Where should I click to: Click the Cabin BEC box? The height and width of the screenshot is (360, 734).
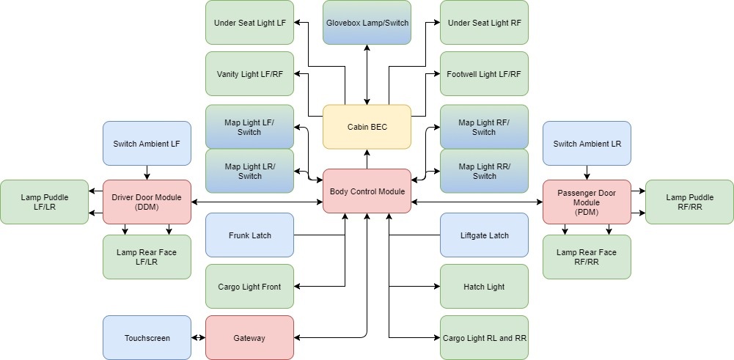click(367, 127)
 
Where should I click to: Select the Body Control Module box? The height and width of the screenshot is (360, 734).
click(367, 191)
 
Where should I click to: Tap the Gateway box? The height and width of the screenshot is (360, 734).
click(249, 338)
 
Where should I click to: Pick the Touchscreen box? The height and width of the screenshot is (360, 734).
click(147, 338)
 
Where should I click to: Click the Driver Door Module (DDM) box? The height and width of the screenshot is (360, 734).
click(147, 202)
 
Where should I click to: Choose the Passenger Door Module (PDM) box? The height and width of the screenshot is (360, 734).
click(587, 202)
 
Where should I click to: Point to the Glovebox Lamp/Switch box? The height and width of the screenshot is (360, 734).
click(367, 23)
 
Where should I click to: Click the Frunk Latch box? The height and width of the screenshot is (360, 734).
click(249, 235)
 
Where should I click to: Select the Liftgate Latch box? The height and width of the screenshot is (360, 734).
click(484, 235)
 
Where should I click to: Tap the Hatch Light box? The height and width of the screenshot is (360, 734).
click(484, 287)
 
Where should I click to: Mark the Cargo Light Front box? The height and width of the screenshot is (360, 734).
click(249, 287)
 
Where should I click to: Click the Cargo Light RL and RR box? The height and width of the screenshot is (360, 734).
click(484, 338)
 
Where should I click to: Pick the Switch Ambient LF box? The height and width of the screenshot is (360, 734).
click(147, 143)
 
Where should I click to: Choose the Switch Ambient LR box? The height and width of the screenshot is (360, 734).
click(587, 143)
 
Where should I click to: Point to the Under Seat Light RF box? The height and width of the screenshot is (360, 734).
click(484, 23)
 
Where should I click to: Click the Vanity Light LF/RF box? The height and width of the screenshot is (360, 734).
click(249, 74)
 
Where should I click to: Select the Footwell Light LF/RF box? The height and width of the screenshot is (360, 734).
click(484, 74)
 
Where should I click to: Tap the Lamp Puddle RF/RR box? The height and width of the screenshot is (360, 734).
click(689, 202)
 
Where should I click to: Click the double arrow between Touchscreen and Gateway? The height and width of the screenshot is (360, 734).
click(198, 338)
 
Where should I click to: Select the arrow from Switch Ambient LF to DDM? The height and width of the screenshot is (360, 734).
click(147, 172)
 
